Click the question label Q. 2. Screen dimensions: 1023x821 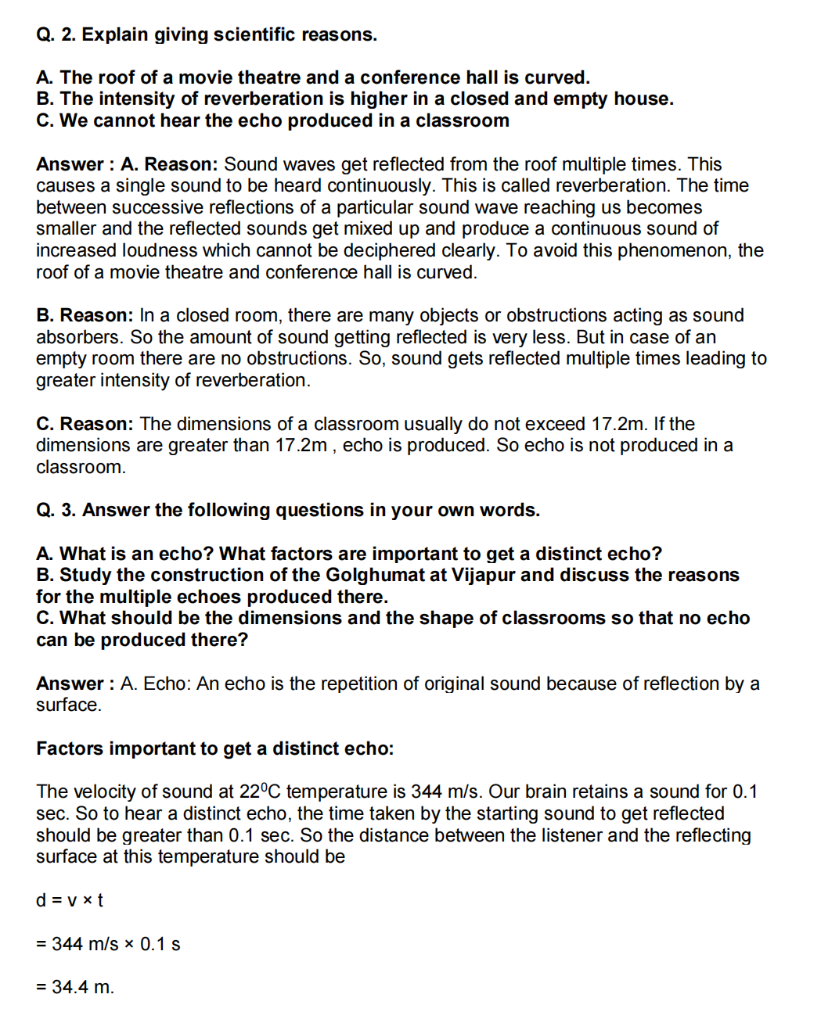tap(56, 34)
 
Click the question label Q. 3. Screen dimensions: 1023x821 tap(56, 510)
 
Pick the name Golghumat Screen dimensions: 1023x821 tap(386, 575)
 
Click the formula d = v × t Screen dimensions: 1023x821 tap(70, 900)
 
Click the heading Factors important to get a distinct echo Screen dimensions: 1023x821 tap(214, 748)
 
